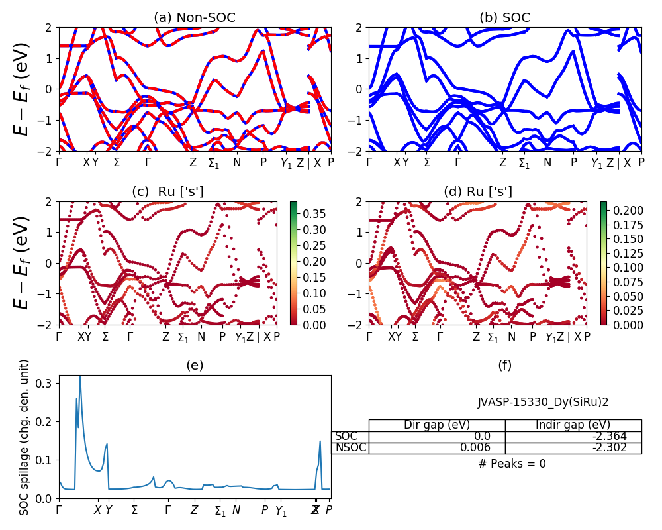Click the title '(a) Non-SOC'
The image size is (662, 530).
(195, 18)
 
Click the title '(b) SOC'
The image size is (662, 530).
(504, 18)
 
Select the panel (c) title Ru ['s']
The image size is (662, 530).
(167, 192)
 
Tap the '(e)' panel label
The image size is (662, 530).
(195, 365)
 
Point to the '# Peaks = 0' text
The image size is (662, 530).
(512, 464)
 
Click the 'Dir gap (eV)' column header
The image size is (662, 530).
(436, 425)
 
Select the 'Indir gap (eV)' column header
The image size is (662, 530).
(573, 425)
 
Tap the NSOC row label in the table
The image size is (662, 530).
(350, 448)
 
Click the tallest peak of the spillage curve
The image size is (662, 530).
(80, 376)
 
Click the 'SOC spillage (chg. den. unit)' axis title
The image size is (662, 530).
(24, 437)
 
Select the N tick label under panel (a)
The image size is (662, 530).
(237, 163)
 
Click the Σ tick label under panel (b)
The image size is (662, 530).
(427, 163)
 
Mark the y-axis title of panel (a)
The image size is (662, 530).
(23, 89)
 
